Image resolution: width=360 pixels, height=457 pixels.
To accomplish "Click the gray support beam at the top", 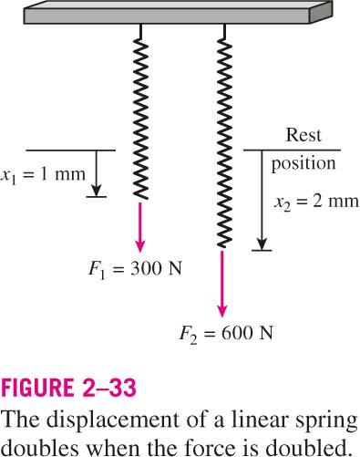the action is (178, 13).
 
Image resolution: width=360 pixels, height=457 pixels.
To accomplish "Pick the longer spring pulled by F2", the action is (225, 136).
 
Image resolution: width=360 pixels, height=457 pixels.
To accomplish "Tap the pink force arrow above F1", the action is (140, 227).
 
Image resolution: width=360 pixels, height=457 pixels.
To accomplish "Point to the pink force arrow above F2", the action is (222, 284).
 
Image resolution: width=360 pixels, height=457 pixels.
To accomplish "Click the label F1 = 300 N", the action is (135, 269).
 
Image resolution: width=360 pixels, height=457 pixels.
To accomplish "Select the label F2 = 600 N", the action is (226, 333).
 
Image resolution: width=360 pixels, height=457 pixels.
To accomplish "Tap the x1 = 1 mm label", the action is (43, 175).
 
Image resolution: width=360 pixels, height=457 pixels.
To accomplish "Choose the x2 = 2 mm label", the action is (316, 202).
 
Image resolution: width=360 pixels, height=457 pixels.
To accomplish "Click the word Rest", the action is (303, 135).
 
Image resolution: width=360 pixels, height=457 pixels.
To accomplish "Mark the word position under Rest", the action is (303, 164).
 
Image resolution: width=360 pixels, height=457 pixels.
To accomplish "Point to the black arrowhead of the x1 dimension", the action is (96, 191).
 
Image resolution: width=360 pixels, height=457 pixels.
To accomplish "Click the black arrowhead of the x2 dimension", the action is (262, 244).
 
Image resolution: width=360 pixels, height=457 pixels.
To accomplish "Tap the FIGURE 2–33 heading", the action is (68, 388).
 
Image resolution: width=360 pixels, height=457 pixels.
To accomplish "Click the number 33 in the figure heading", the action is (122, 388).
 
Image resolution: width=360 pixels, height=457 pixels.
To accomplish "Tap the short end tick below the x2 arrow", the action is (262, 251).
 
